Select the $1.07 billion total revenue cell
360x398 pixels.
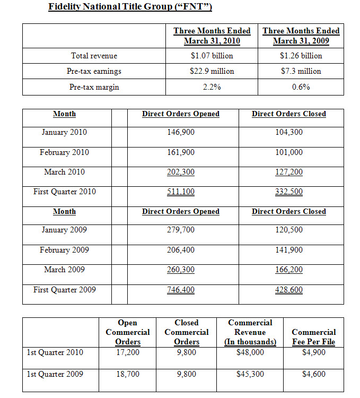point(212,56)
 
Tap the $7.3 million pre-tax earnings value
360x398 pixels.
point(301,71)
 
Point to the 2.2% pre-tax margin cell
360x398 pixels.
point(212,87)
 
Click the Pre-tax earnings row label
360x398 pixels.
point(94,71)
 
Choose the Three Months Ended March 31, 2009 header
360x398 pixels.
point(301,36)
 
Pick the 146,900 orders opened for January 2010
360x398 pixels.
point(180,132)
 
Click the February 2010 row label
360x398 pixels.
point(64,152)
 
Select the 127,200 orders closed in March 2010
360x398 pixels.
point(289,172)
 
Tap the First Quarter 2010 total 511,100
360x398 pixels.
point(180,192)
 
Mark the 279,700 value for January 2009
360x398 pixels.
point(180,230)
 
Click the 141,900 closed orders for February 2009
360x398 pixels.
point(289,250)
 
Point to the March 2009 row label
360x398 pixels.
point(64,270)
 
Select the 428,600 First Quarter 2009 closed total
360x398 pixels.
point(289,290)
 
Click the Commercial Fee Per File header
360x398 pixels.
point(313,337)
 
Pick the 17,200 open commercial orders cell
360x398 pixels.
point(127,352)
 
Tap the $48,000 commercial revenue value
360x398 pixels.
point(250,352)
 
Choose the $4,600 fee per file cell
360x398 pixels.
point(313,374)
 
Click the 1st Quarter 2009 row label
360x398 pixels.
point(55,374)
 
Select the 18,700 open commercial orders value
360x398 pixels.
point(127,374)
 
